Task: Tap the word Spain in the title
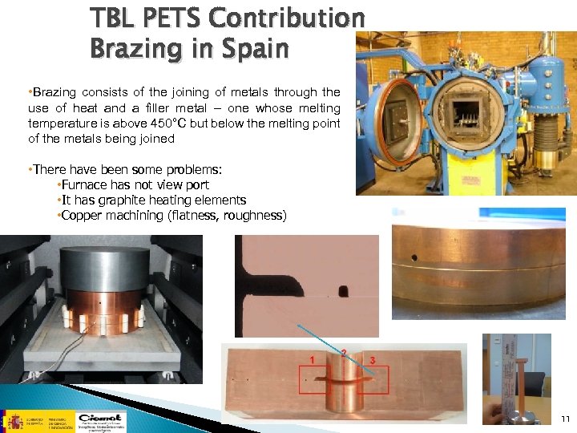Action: coord(256,49)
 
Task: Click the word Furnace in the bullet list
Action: coord(87,185)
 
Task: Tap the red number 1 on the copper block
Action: coord(311,360)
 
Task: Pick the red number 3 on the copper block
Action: coord(373,359)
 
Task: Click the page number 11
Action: coord(565,419)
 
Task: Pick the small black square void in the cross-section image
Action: coord(346,290)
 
